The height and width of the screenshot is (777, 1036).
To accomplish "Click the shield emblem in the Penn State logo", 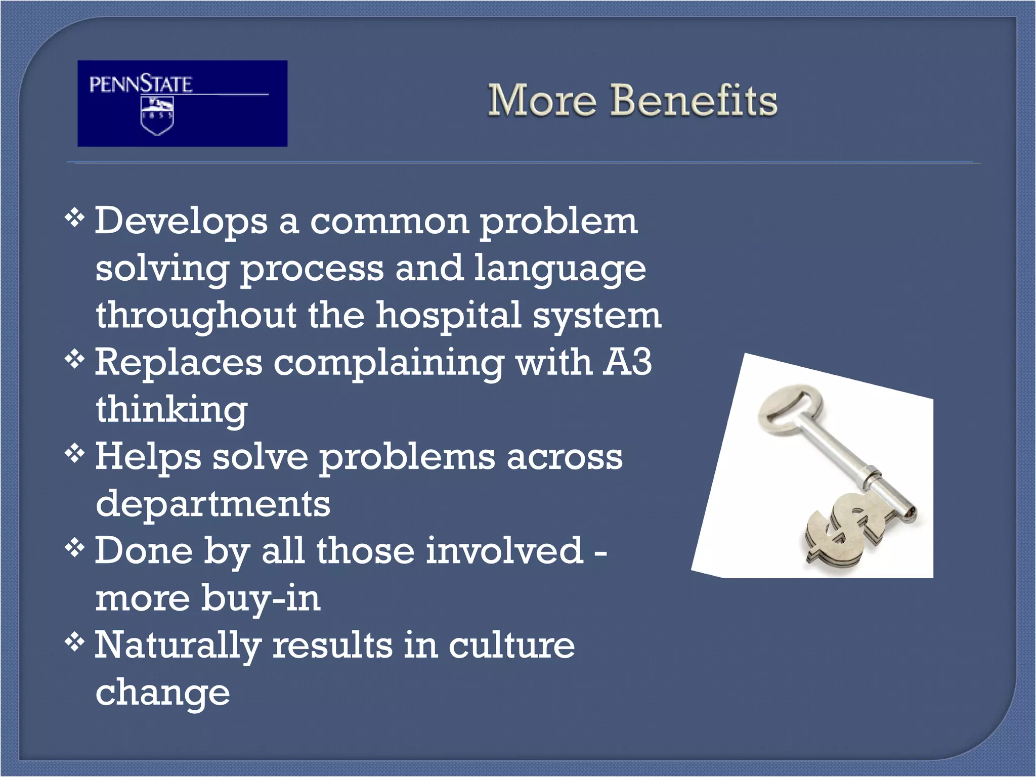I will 157,116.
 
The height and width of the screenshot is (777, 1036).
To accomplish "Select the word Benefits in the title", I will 694,100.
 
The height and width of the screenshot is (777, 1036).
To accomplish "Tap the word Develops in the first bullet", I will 181,221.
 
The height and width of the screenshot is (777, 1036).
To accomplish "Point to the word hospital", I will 448,315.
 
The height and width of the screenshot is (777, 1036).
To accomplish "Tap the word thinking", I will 171,410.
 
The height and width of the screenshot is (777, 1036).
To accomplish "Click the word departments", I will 213,504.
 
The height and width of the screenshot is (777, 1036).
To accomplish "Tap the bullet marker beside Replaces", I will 74,360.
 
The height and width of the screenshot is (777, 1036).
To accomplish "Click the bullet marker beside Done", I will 74,548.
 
